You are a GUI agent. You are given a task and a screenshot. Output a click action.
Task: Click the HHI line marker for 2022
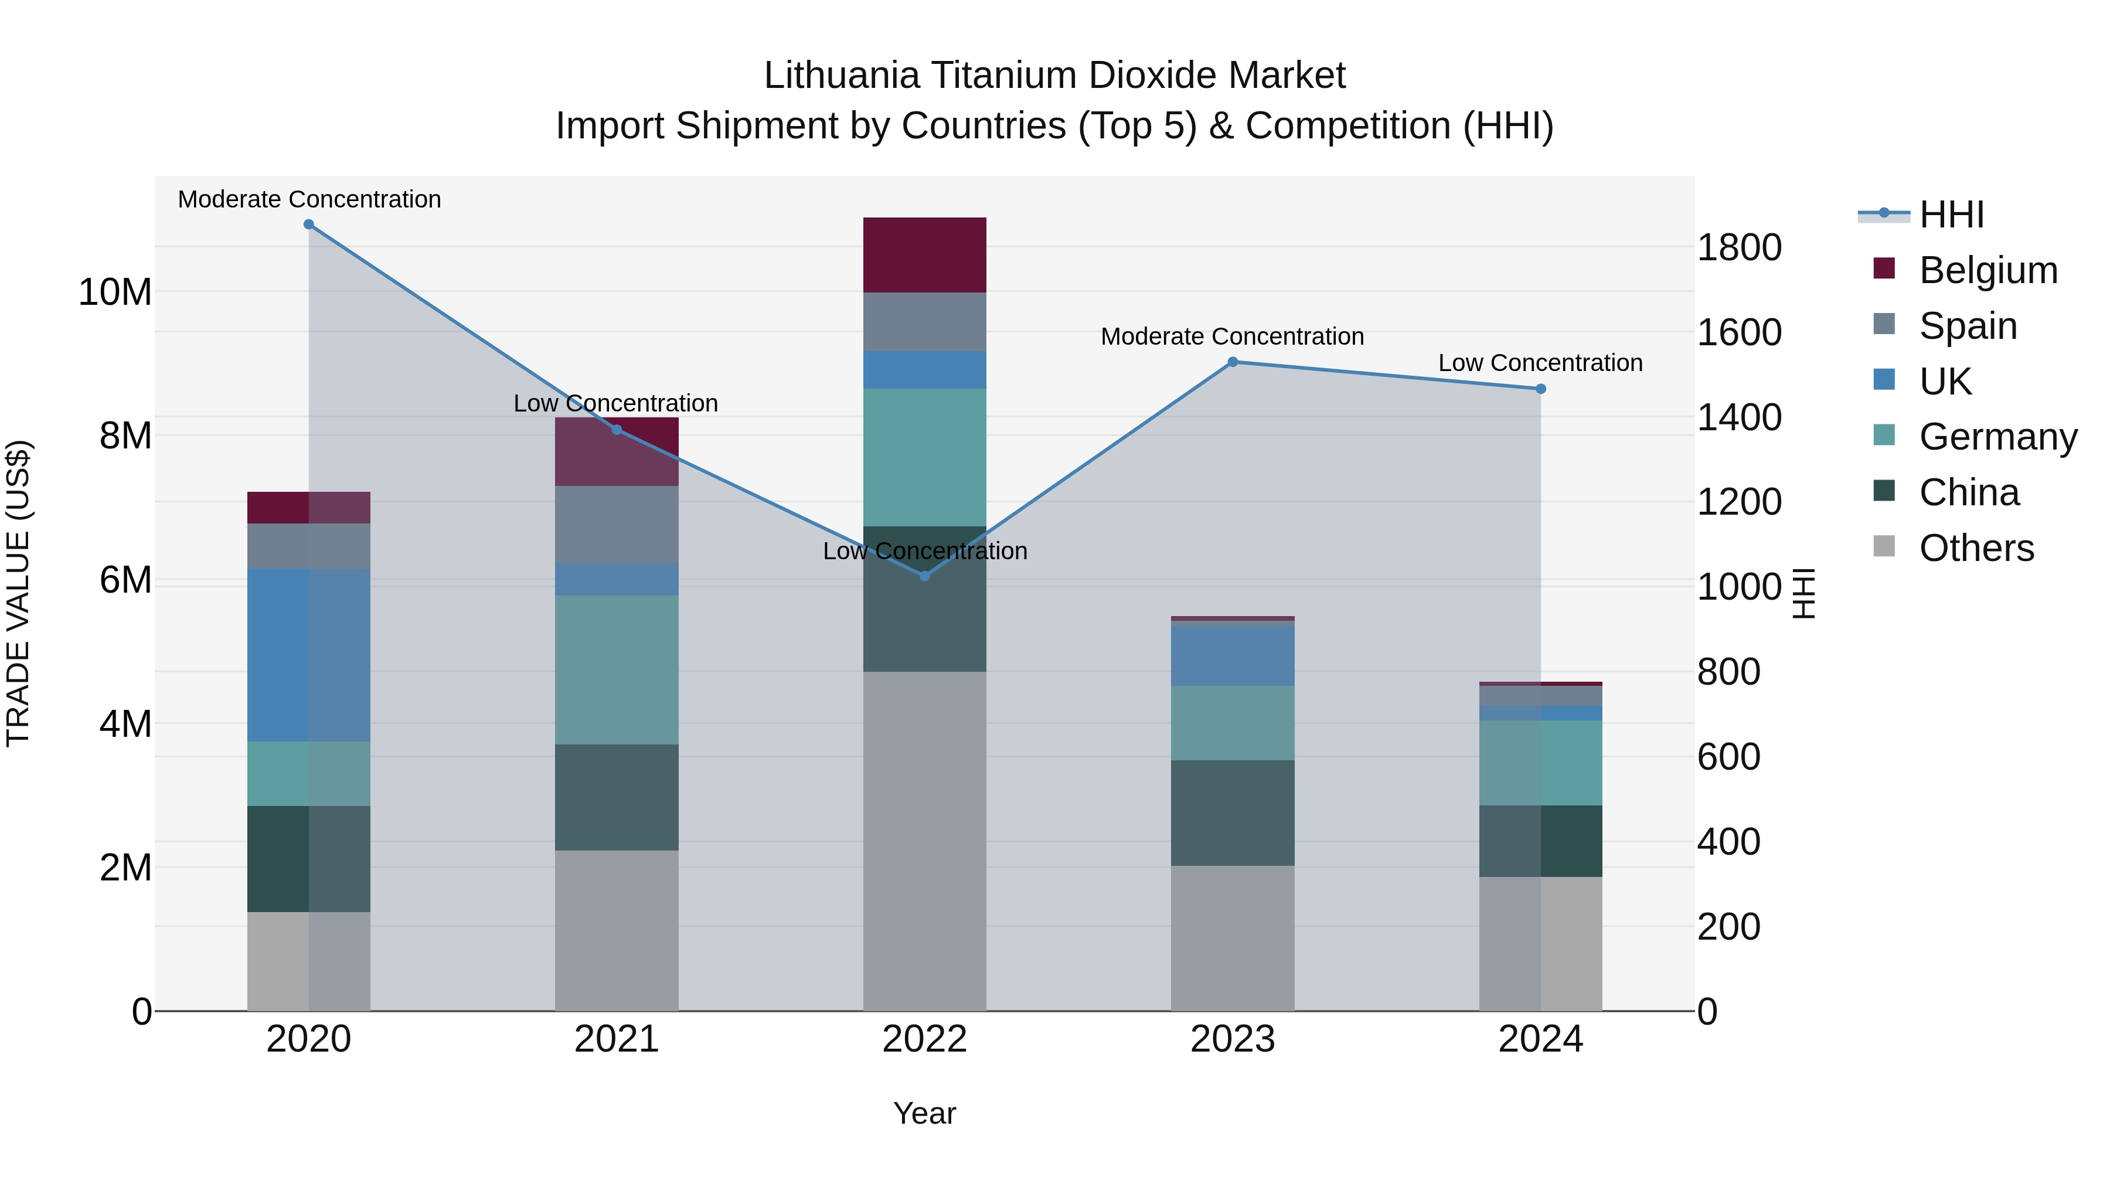(x=925, y=576)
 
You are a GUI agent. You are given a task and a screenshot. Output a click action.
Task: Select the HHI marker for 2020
(x=309, y=225)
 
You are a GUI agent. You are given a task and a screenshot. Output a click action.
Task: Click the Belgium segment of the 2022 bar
(x=925, y=255)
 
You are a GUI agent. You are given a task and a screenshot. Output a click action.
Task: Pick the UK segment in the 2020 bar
(x=309, y=655)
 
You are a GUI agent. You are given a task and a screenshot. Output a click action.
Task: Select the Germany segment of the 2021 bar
(x=617, y=669)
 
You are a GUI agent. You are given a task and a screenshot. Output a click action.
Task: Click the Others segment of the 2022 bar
(x=925, y=841)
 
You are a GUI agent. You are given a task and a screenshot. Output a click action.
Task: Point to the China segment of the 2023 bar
(x=1233, y=812)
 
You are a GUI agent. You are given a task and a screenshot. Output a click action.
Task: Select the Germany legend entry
(x=1997, y=437)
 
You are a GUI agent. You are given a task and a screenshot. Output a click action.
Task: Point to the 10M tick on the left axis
(x=115, y=293)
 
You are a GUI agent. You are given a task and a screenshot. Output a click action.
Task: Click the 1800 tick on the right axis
(x=1739, y=247)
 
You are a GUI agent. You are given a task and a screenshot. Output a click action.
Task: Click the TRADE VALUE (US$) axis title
(x=18, y=593)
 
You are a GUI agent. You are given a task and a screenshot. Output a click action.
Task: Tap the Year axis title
(x=925, y=1113)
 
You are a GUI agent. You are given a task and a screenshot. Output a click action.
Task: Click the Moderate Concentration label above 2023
(x=1232, y=336)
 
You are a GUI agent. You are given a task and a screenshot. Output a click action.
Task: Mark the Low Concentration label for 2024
(x=1540, y=363)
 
